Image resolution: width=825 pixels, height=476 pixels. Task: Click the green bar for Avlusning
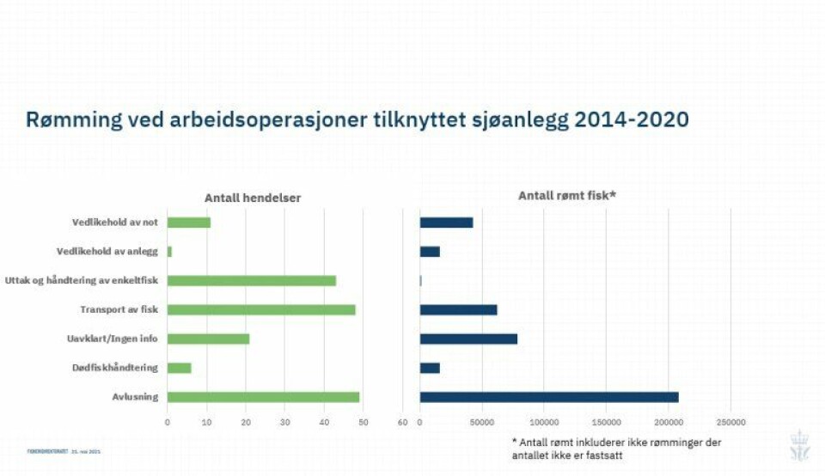tap(263, 397)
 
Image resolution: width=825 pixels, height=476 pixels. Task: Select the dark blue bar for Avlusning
tap(548, 397)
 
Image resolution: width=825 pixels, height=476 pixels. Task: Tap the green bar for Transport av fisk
tap(261, 309)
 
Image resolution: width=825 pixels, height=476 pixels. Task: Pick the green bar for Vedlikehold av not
tap(188, 223)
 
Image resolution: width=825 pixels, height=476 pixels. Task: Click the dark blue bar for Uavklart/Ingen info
tap(468, 339)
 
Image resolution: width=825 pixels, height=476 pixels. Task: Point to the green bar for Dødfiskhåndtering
tap(179, 368)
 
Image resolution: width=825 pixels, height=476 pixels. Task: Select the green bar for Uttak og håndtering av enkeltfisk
tap(251, 280)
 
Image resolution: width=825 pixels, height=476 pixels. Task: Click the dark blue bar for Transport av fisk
tap(458, 309)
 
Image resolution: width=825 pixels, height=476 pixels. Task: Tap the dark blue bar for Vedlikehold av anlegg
tap(430, 252)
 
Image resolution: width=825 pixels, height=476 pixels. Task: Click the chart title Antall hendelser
tap(253, 198)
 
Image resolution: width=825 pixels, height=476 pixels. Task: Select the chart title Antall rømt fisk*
tap(567, 196)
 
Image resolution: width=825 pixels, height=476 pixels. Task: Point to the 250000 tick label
tap(730, 422)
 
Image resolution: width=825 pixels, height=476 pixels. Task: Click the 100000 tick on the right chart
tap(544, 422)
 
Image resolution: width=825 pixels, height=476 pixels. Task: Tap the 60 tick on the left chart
tap(402, 422)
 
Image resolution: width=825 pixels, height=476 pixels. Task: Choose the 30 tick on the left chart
tap(284, 422)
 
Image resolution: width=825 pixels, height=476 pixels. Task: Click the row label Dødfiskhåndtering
tap(115, 368)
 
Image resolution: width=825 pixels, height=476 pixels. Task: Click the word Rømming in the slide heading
tap(75, 120)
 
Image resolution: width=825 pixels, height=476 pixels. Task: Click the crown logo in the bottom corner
tap(799, 445)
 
